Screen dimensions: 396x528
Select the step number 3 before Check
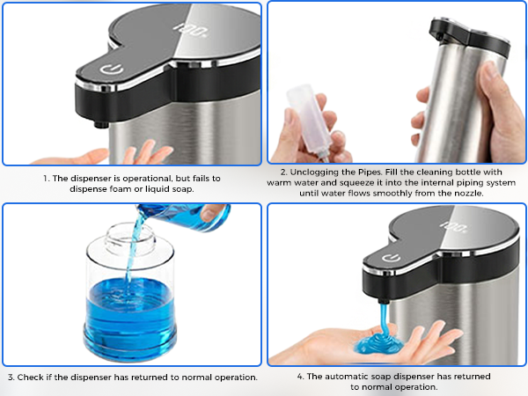[x=10, y=377]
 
